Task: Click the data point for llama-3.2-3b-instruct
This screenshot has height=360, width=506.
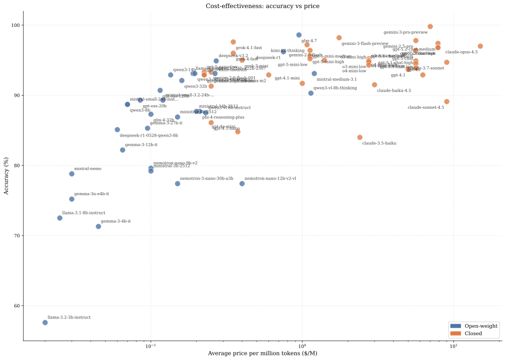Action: point(45,322)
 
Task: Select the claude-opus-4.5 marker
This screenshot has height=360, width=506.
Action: point(480,46)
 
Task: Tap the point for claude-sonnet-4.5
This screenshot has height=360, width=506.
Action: point(446,102)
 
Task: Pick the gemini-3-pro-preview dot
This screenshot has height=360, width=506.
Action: point(430,26)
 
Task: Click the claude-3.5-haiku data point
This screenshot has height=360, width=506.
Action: point(360,137)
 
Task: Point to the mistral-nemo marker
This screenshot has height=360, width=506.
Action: point(72,173)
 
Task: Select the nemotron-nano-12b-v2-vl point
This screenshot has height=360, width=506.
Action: point(242,184)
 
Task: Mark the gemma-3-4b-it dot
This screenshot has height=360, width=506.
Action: point(99,226)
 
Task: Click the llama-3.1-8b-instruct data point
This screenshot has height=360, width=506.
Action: point(60,218)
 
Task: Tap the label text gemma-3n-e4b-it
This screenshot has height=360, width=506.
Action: point(91,194)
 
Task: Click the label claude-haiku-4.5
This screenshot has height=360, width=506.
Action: point(394,91)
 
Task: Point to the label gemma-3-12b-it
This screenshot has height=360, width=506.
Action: point(141,145)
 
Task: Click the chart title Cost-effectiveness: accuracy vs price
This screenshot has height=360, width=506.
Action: point(262,6)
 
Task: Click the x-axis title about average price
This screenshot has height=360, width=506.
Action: point(262,353)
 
